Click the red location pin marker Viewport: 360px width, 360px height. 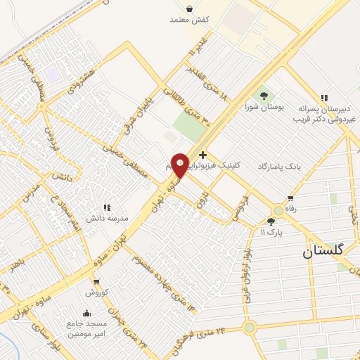click(x=179, y=165)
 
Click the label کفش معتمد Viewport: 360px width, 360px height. click(x=190, y=20)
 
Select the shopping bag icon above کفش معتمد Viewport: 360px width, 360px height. click(x=190, y=8)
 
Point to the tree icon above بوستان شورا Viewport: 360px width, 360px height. click(x=264, y=95)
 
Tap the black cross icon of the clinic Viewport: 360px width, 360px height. click(x=202, y=155)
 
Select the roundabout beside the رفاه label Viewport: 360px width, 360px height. click(x=278, y=210)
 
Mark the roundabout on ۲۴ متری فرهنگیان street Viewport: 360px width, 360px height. click(x=250, y=327)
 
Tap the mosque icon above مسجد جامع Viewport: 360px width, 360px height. click(x=86, y=314)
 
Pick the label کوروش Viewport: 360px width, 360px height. click(x=96, y=290)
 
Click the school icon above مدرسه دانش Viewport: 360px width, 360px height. click(x=107, y=207)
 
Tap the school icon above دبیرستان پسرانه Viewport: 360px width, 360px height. click(x=323, y=98)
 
